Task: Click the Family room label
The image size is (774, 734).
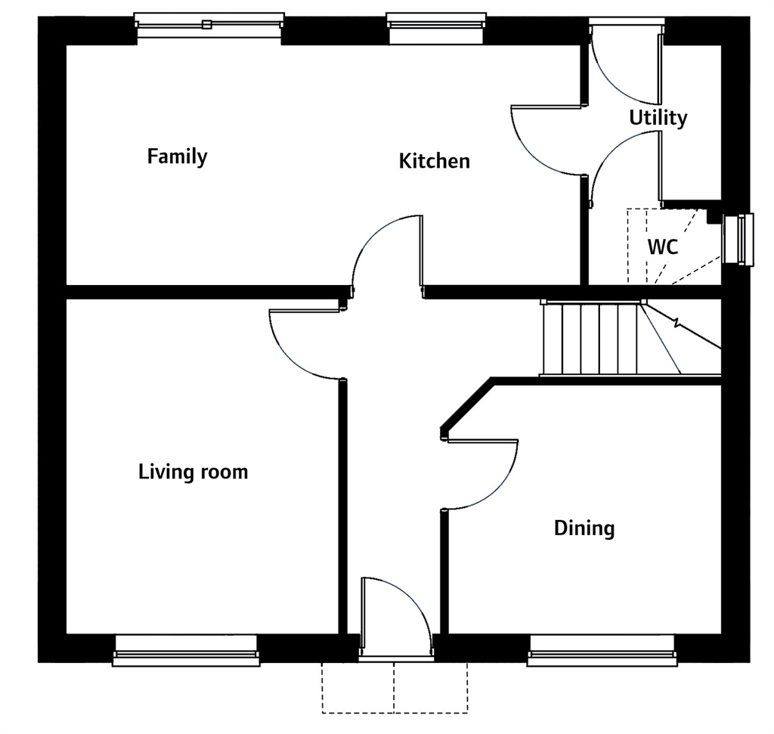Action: [x=177, y=156]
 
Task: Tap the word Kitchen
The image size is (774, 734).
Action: [x=435, y=162]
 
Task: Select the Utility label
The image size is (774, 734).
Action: [x=658, y=118]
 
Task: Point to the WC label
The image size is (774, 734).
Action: [x=662, y=246]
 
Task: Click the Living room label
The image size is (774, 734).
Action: [x=193, y=472]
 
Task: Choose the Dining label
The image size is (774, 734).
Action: [x=584, y=528]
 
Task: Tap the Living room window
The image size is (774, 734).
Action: [x=186, y=651]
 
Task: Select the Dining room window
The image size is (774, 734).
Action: [x=602, y=651]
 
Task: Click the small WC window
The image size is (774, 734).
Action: [x=738, y=240]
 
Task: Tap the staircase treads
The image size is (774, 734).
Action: [x=590, y=339]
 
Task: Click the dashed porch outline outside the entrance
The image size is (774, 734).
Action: [x=395, y=688]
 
